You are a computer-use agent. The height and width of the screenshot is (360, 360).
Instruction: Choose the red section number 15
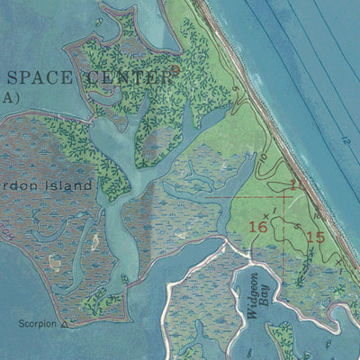coord(314,238)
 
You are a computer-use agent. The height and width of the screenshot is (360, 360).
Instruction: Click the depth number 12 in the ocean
coord(345,140)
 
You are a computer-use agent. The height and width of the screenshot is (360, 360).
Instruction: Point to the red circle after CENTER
coord(175,67)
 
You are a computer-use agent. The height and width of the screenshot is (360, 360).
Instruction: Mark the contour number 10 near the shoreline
coord(296,184)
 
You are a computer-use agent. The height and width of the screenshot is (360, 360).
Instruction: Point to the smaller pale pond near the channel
coord(94,241)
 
